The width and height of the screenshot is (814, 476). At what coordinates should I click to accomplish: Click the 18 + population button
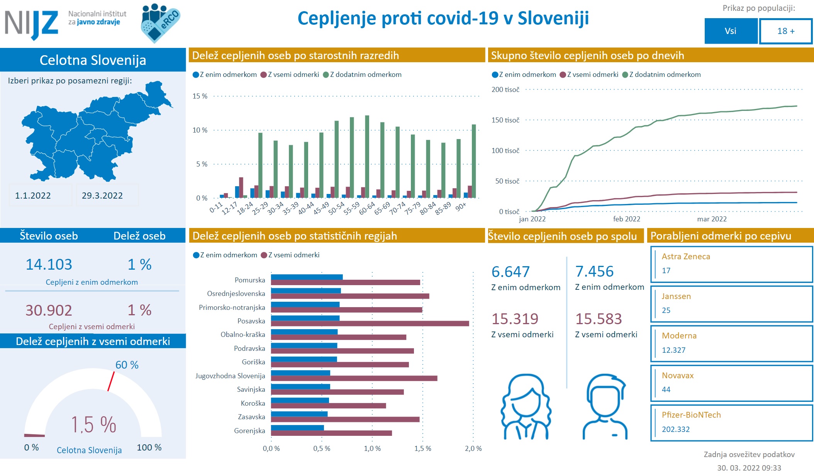[x=786, y=31]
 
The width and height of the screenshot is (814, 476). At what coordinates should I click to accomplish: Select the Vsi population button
[x=731, y=31]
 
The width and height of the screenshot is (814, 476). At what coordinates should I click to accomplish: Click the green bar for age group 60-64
[x=367, y=156]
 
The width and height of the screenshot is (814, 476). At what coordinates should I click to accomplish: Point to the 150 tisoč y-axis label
[x=505, y=120]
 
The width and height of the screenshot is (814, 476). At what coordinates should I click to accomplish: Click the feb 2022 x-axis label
[x=626, y=219]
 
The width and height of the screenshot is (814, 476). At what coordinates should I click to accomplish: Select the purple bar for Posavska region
[x=370, y=324]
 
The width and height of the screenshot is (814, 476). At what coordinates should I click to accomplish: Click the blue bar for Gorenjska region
[x=297, y=428]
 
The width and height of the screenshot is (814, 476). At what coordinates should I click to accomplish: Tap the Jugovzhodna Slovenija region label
[x=230, y=376]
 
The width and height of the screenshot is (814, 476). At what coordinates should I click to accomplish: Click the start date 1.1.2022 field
[x=33, y=195]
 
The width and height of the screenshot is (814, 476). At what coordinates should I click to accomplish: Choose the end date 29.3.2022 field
[x=102, y=195]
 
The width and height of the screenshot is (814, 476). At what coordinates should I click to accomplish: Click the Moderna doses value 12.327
[x=673, y=350]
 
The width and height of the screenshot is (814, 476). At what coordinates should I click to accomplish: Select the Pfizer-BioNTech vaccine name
[x=691, y=415]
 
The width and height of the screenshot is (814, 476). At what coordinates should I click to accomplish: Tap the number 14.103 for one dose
[x=49, y=265]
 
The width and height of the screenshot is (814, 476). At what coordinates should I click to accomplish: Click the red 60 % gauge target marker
[x=111, y=381]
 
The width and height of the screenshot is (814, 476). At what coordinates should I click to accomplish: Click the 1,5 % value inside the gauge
[x=93, y=425]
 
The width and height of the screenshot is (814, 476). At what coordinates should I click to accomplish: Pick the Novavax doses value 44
[x=666, y=389]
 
